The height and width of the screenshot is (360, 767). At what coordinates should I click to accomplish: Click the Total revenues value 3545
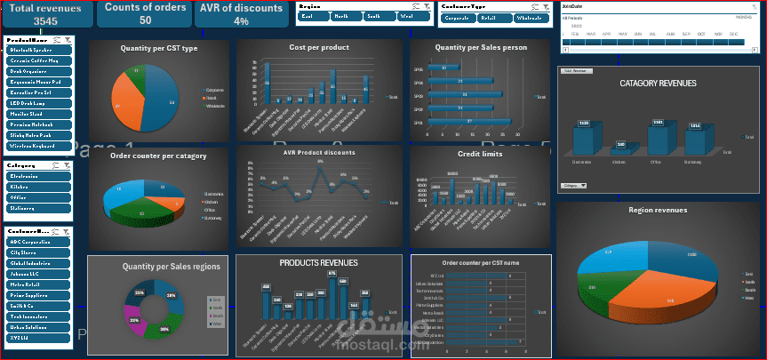[33, 20]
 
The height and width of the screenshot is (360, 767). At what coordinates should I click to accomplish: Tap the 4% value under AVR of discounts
[241, 20]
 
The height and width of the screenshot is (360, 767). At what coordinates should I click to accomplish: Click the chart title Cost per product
[317, 46]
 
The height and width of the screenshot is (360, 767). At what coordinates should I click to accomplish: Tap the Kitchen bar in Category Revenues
[621, 141]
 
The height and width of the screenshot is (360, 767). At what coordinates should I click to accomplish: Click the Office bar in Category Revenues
[658, 138]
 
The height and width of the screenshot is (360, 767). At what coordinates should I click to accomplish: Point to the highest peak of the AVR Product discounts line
[308, 171]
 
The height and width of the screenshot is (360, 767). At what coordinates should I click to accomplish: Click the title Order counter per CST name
[481, 263]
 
